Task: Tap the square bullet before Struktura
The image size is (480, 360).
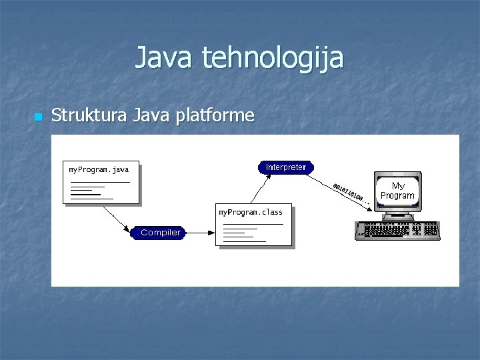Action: (37, 117)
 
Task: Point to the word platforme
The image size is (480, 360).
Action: (215, 116)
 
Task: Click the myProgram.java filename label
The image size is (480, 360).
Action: (99, 169)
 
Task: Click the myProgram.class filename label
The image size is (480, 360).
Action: (251, 212)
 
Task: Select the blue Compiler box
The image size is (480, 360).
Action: (160, 233)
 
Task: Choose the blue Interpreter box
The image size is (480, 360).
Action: (285, 167)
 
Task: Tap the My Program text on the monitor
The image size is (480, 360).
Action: (397, 191)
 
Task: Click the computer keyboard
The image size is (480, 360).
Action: (397, 230)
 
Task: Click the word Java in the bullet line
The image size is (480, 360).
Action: (151, 115)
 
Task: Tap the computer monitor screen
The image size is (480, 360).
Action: (397, 190)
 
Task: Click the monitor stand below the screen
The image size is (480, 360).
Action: (397, 215)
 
